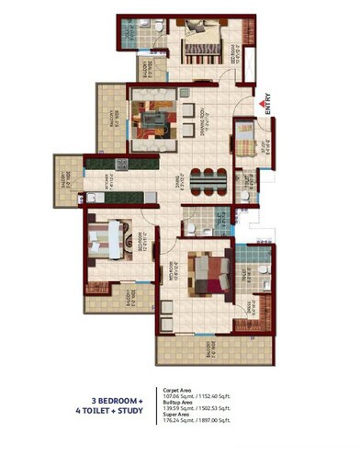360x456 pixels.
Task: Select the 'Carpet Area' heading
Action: pos(176,389)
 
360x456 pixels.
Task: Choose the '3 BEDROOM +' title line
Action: pos(121,401)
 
